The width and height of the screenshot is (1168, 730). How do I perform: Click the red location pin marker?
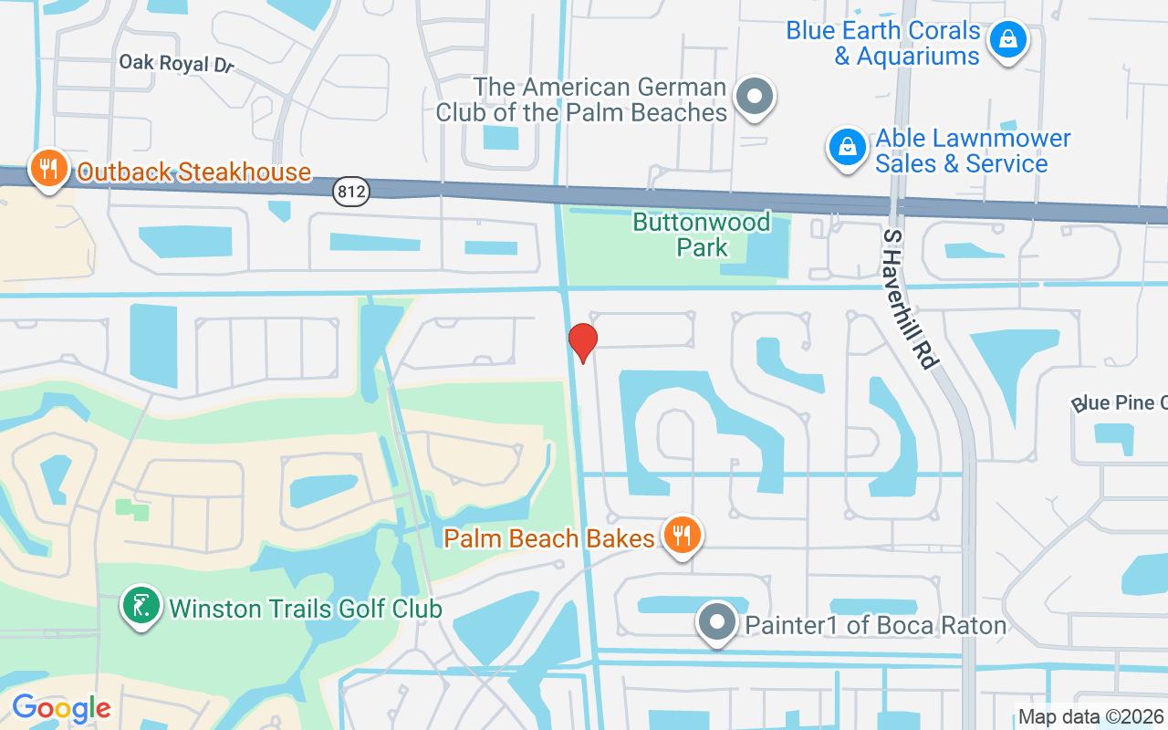(x=582, y=341)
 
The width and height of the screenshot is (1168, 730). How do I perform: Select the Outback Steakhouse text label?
(x=193, y=172)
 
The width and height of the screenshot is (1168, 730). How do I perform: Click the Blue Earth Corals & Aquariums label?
(x=882, y=43)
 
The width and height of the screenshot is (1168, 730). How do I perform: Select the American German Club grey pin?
(x=755, y=96)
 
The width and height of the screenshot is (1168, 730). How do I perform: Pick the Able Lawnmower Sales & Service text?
(x=973, y=151)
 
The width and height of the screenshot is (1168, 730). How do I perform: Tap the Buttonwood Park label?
(x=702, y=235)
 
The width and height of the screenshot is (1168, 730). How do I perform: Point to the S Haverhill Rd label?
(x=910, y=299)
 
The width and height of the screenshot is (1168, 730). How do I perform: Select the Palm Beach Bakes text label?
(x=549, y=538)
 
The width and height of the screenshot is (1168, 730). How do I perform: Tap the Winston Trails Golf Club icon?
(x=141, y=606)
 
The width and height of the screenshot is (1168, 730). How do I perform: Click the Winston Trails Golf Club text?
(x=306, y=609)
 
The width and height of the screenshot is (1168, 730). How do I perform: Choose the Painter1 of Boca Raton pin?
(x=716, y=622)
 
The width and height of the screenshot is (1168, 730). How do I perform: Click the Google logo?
(x=61, y=708)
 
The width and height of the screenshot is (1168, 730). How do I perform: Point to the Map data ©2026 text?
(x=1090, y=717)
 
